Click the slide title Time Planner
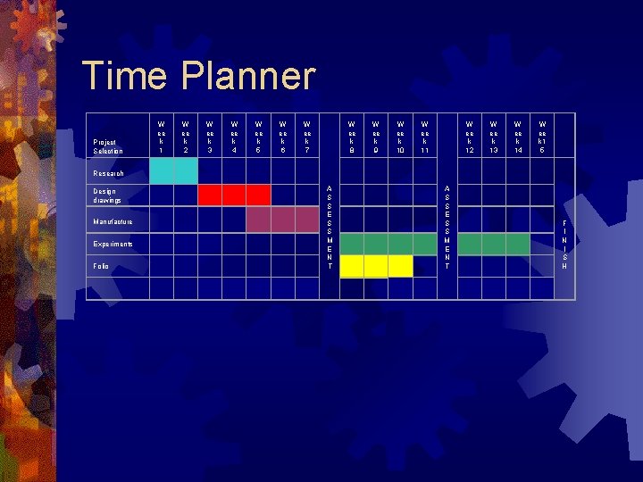(x=198, y=77)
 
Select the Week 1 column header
(x=161, y=137)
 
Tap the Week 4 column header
(x=234, y=137)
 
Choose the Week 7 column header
(x=307, y=137)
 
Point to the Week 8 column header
(x=352, y=137)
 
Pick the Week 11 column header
(x=425, y=137)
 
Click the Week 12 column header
(x=470, y=137)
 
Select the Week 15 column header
(x=542, y=137)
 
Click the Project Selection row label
(x=107, y=146)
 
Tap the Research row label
(x=108, y=173)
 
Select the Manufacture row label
(x=113, y=221)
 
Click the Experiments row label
(x=113, y=244)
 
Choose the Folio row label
(x=100, y=266)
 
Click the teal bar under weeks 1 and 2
(x=173, y=171)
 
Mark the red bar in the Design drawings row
(x=234, y=195)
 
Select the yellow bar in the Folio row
(x=376, y=266)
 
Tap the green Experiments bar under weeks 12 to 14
(x=494, y=244)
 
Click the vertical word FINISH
(x=564, y=245)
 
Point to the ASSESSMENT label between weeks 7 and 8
(x=330, y=228)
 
